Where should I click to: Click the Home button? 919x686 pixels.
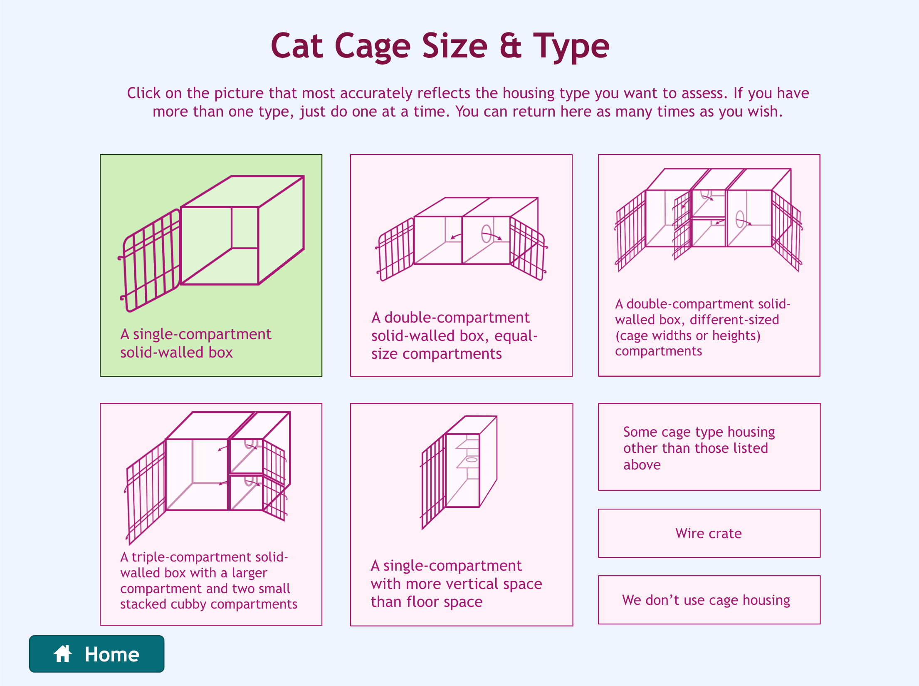tap(96, 654)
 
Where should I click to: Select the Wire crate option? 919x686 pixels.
tap(709, 533)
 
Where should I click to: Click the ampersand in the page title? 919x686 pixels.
tap(510, 46)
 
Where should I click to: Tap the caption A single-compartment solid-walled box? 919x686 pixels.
tap(195, 343)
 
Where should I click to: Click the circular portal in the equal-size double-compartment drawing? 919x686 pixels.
tap(486, 234)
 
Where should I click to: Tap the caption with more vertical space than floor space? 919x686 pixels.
tap(456, 584)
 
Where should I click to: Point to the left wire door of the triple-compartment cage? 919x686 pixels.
tap(146, 491)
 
